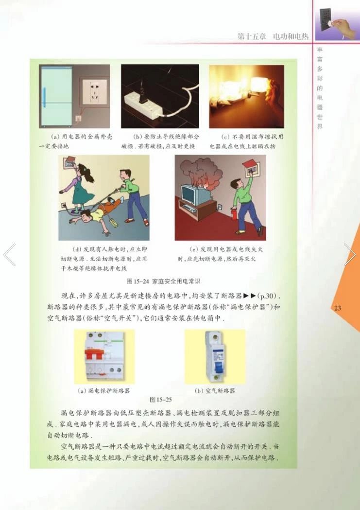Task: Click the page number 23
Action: click(338, 308)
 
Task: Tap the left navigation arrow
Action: click(10, 255)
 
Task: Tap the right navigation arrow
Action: click(350, 255)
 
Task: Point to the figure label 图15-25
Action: click(161, 400)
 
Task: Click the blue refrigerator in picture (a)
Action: click(55, 95)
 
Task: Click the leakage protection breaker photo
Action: click(104, 357)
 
